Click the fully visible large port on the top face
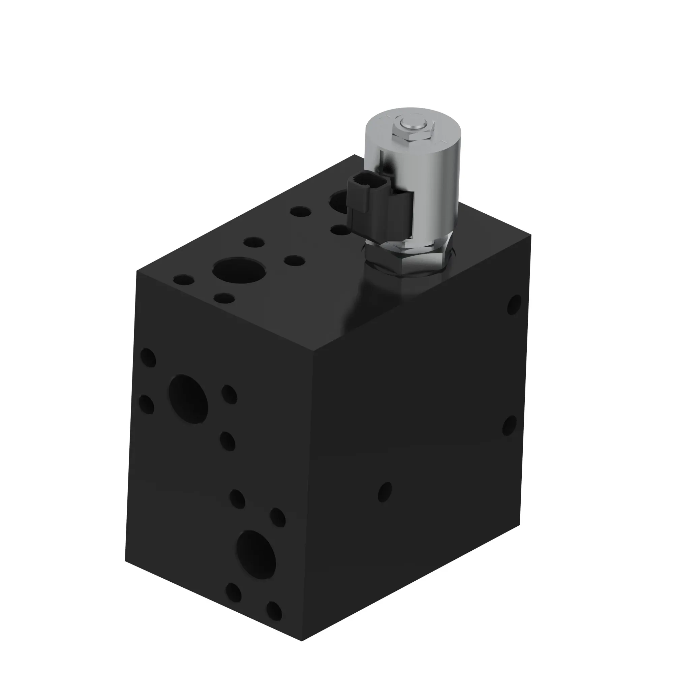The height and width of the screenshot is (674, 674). click(239, 270)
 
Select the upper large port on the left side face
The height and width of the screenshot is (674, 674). click(188, 399)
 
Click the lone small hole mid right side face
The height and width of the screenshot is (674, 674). click(385, 492)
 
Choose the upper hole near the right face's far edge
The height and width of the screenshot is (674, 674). click(514, 304)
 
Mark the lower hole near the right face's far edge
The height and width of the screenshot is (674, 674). click(509, 425)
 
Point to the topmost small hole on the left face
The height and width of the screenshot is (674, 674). click(148, 357)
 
